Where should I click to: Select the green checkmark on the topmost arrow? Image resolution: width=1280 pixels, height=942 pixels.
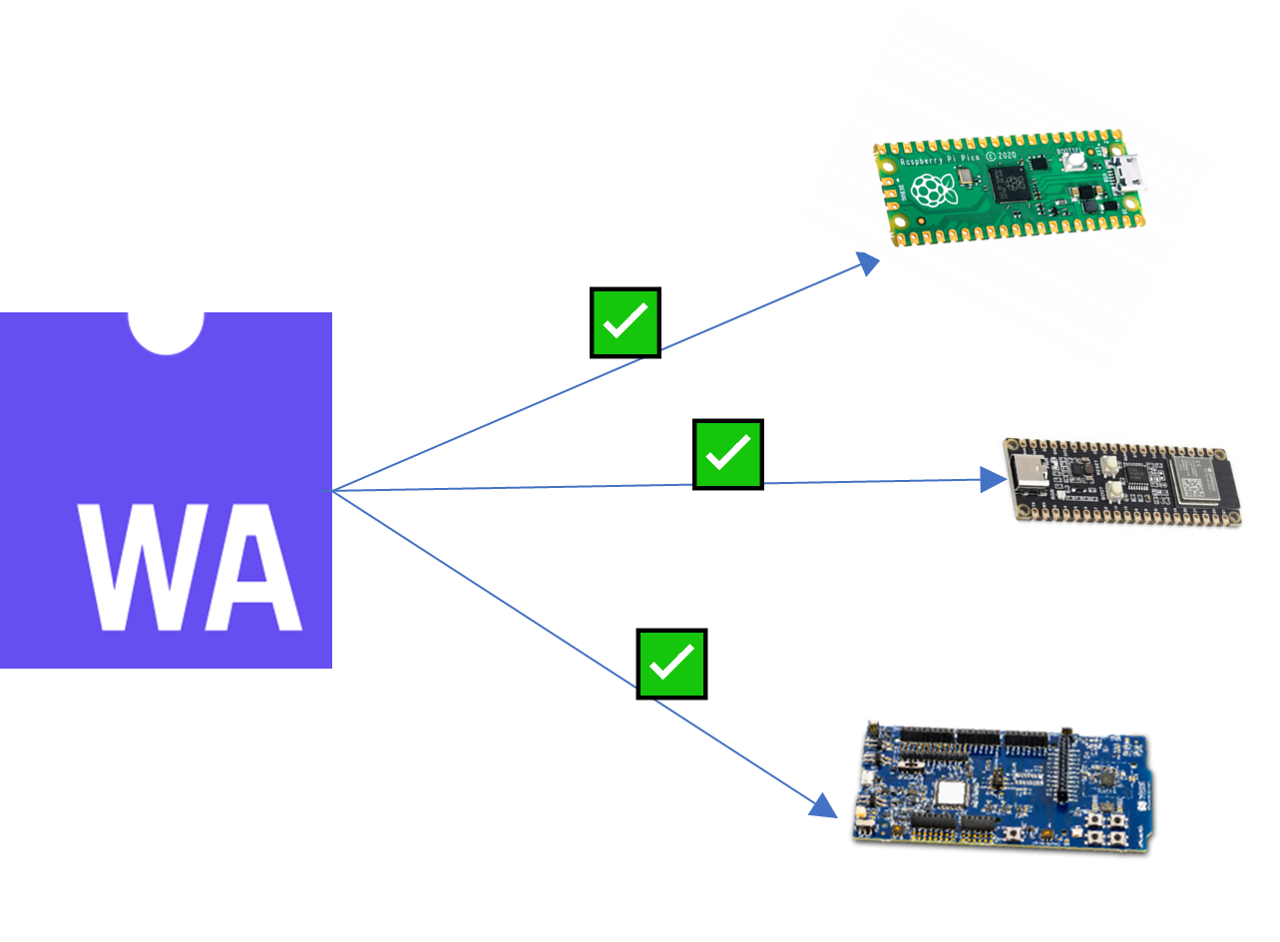[x=626, y=322]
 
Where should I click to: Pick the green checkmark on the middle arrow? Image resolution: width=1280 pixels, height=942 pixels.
[x=727, y=454]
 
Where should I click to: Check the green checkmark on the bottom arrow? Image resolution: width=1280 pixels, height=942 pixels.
[x=671, y=664]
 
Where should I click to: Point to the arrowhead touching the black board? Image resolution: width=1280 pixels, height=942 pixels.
[x=994, y=480]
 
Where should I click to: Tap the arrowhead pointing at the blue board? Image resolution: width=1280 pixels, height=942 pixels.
[x=823, y=805]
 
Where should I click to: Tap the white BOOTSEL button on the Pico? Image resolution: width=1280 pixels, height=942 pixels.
[x=1074, y=161]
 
